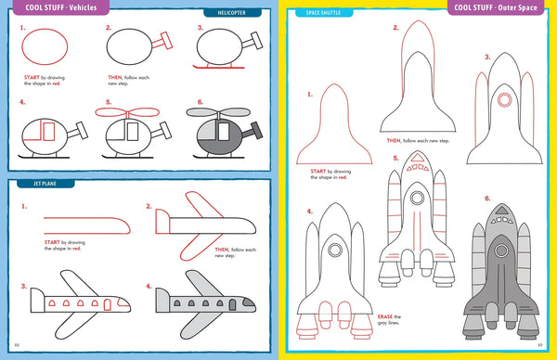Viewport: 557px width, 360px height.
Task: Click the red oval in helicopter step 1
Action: pyautogui.click(x=44, y=47)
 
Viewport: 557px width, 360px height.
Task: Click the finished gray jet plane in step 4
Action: pyautogui.click(x=204, y=302)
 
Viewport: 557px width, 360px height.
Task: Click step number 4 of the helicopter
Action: pyautogui.click(x=21, y=103)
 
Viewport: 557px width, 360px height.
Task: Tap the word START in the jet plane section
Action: pyautogui.click(x=52, y=242)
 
